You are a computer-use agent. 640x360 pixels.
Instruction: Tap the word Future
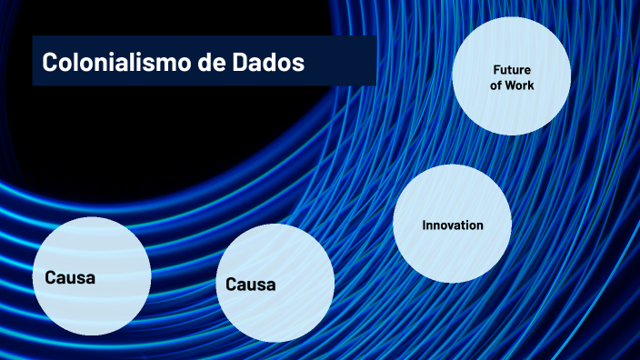[512, 70]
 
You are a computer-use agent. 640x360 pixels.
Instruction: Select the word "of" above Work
[496, 85]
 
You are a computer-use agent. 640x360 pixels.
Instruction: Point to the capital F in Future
[497, 70]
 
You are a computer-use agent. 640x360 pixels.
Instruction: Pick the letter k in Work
[532, 85]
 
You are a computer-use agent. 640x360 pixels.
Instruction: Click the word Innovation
[452, 225]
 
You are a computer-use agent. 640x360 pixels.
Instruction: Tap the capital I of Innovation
[425, 225]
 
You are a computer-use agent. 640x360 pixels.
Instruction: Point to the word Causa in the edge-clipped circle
[70, 277]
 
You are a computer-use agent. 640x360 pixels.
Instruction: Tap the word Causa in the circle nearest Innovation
[251, 285]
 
